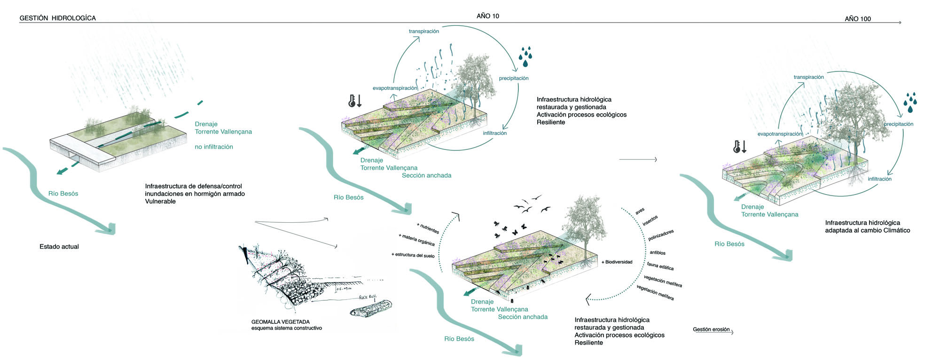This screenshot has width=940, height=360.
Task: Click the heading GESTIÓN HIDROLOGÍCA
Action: [x=57, y=18]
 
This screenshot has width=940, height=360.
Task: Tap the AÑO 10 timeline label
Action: [x=487, y=16]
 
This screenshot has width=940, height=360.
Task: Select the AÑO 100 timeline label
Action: [x=857, y=19]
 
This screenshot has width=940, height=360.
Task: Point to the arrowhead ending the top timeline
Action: [x=900, y=23]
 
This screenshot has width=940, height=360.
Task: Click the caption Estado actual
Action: [x=59, y=247]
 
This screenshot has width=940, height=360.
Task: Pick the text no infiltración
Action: [x=214, y=147]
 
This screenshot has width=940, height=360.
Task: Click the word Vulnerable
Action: [x=160, y=202]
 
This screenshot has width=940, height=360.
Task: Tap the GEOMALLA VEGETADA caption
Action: [x=280, y=322]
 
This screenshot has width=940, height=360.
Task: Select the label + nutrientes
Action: [x=428, y=228]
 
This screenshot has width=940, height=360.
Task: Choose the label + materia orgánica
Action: [x=416, y=240]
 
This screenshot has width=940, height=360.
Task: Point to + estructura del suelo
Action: [x=413, y=255]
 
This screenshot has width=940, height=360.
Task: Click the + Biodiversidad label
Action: [x=617, y=262]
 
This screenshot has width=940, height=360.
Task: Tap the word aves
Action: [x=640, y=211]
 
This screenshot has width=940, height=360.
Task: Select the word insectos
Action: [x=650, y=221]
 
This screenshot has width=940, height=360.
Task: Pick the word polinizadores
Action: [x=661, y=235]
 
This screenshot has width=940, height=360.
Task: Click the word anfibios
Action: [x=658, y=253]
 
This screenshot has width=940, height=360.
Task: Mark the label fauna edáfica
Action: [x=660, y=266]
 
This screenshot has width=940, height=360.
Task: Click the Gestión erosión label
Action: [x=711, y=329]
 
